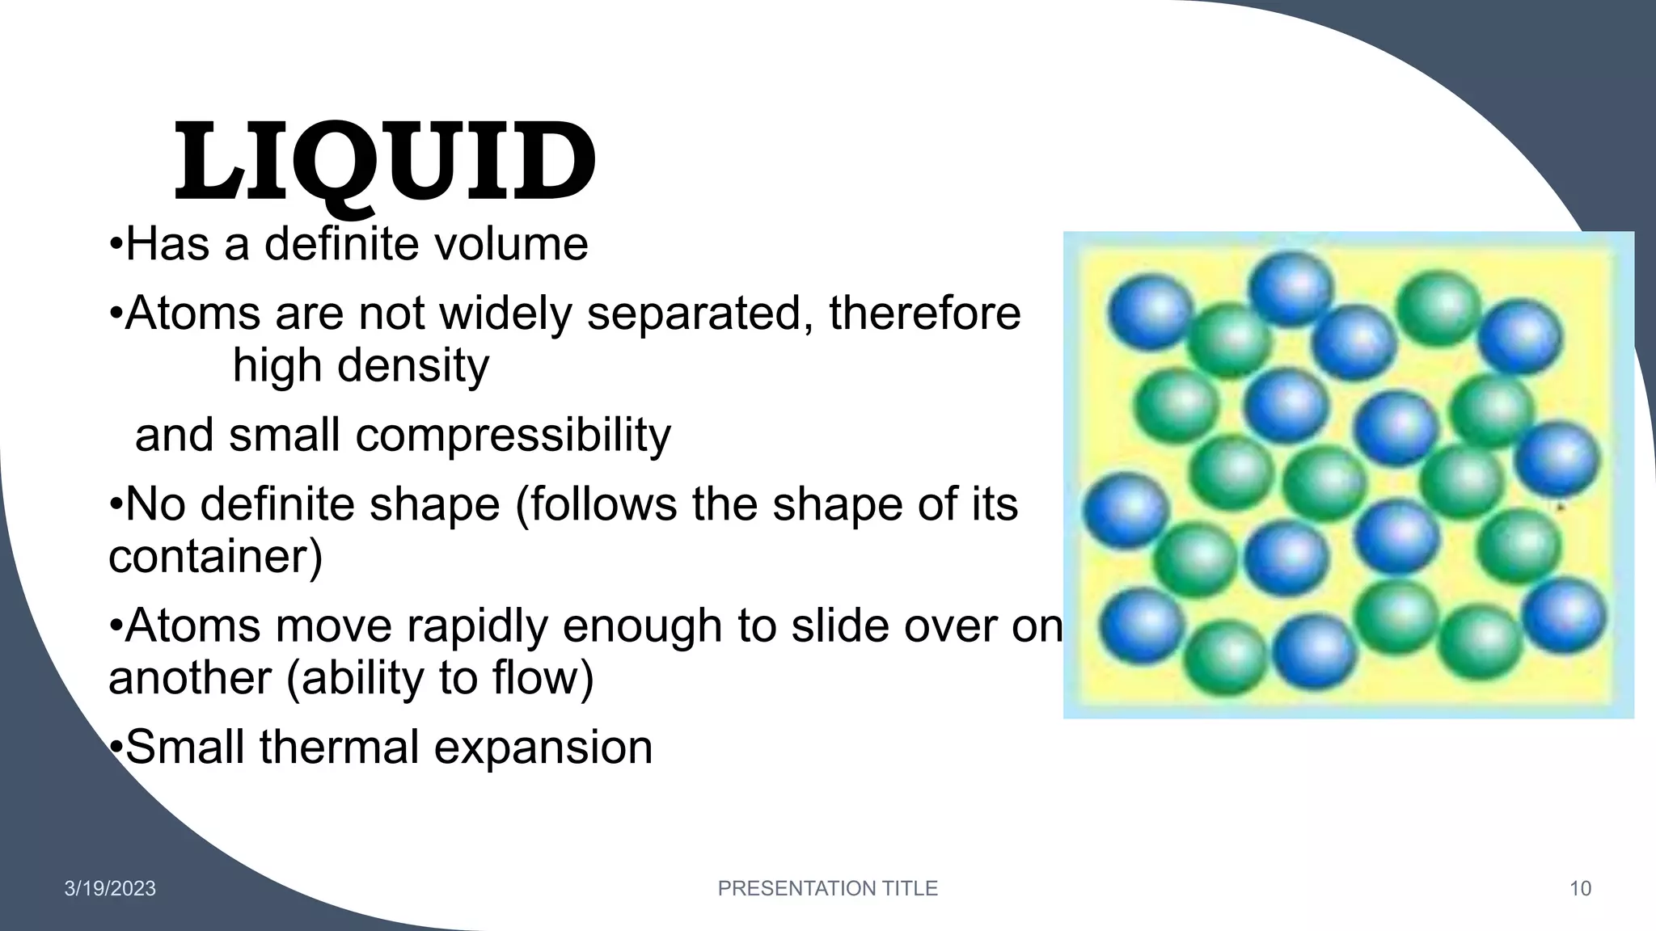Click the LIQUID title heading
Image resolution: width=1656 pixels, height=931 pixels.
pyautogui.click(x=385, y=162)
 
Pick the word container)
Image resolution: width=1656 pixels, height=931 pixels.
pyautogui.click(x=215, y=557)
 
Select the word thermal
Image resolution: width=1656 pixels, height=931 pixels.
pyautogui.click(x=339, y=747)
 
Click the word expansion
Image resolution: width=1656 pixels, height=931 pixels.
pyautogui.click(x=543, y=747)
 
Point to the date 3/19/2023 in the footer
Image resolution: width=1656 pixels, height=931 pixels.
pyautogui.click(x=110, y=889)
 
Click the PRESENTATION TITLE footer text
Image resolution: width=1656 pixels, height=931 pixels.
pyautogui.click(x=827, y=888)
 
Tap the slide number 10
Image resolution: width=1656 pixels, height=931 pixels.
pyautogui.click(x=1580, y=889)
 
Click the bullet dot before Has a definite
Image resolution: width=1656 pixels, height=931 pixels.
pyautogui.click(x=116, y=244)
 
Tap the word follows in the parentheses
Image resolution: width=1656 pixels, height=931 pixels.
pyautogui.click(x=595, y=504)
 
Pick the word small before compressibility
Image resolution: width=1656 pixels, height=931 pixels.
pyautogui.click(x=284, y=435)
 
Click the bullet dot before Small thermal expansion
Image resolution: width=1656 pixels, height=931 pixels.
pyautogui.click(x=116, y=747)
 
